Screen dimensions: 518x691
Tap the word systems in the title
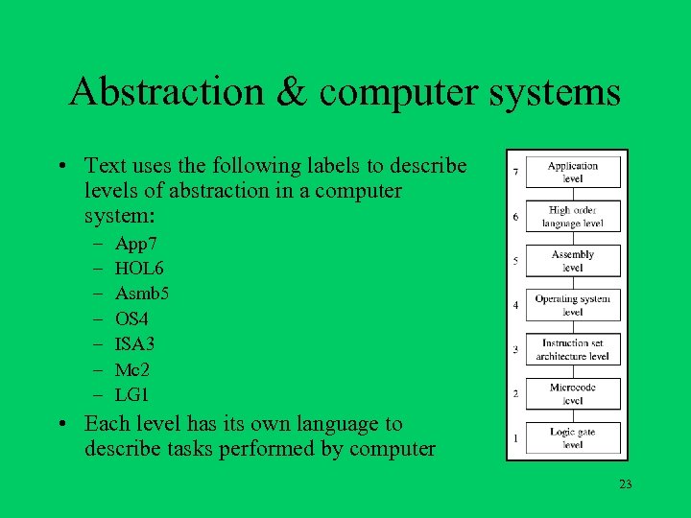click(x=556, y=93)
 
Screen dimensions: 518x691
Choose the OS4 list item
click(x=131, y=318)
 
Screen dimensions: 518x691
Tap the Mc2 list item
click(x=131, y=369)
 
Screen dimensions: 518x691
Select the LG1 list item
click(x=132, y=394)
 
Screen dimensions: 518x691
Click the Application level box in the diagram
click(x=572, y=172)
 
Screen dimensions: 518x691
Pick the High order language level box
click(x=572, y=217)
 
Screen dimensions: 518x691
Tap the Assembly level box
click(x=572, y=261)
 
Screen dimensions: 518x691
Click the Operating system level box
click(x=572, y=305)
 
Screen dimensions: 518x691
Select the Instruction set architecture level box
click(x=572, y=349)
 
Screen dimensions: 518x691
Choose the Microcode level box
click(x=572, y=393)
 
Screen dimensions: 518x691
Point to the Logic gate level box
click(x=572, y=438)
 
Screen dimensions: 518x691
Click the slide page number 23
click(x=626, y=484)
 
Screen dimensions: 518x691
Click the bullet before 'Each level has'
click(x=61, y=424)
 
